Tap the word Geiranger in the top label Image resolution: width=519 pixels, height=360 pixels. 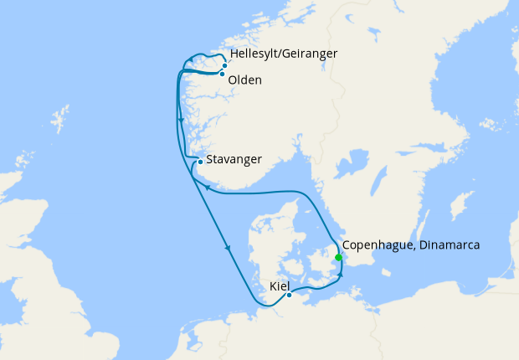click(311, 54)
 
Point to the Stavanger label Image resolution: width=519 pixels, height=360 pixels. click(234, 159)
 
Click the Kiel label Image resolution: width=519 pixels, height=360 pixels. click(280, 286)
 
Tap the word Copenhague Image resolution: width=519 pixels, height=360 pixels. click(380, 245)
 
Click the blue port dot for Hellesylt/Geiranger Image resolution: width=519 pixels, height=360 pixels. click(224, 64)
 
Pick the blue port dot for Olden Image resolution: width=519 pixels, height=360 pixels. click(222, 74)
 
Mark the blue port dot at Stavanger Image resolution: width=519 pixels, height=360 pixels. click(200, 162)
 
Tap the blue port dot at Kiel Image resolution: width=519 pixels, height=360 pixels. click(289, 295)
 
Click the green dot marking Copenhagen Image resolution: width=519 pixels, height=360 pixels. click(338, 257)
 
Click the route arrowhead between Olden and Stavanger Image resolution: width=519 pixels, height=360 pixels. click(181, 122)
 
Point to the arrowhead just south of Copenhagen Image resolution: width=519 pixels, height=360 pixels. click(342, 275)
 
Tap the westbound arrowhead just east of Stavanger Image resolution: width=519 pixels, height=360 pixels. click(206, 188)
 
